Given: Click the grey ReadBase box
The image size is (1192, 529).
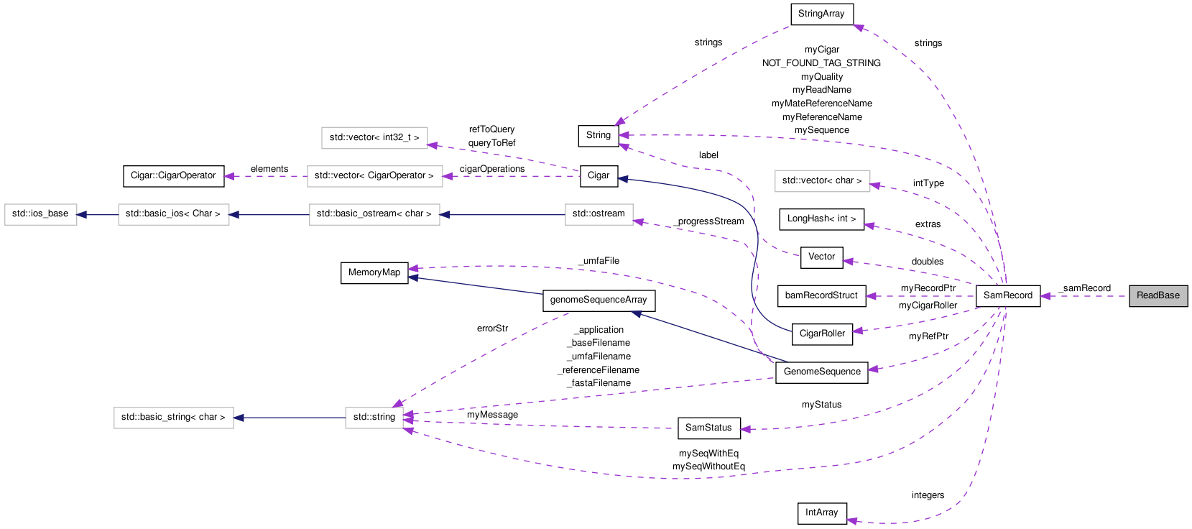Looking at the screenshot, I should tap(1158, 295).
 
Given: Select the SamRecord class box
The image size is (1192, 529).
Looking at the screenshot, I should tap(1007, 295).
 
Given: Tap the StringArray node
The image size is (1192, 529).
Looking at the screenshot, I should tap(821, 14).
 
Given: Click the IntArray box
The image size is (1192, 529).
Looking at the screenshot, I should tap(821, 512).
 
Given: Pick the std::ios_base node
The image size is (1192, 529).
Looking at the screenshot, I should tap(40, 214).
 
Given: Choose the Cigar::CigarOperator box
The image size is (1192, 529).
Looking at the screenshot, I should tap(173, 175).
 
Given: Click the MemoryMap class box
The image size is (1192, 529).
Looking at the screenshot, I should tap(374, 272).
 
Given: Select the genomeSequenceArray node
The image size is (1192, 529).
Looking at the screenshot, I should tap(599, 300).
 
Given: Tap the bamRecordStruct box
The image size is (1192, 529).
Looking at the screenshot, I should tap(821, 295).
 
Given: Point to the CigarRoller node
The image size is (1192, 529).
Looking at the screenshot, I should tap(822, 333).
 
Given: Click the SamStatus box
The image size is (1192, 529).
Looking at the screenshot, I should tap(708, 428).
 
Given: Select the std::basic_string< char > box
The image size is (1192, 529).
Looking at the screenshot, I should tap(173, 417).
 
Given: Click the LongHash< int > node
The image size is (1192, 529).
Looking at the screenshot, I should tap(821, 218).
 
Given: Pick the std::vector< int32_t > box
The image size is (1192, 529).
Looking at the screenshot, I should tap(374, 137).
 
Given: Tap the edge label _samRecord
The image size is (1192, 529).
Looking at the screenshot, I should tap(1085, 288).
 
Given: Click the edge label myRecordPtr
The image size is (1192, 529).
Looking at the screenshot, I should tap(928, 288).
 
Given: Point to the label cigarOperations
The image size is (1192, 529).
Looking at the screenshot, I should tap(492, 169).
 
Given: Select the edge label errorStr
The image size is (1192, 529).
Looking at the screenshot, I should tap(492, 328).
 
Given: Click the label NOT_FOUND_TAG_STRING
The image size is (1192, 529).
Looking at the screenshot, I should tap(821, 63).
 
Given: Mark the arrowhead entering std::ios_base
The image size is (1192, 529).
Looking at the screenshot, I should tap(82, 214).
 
